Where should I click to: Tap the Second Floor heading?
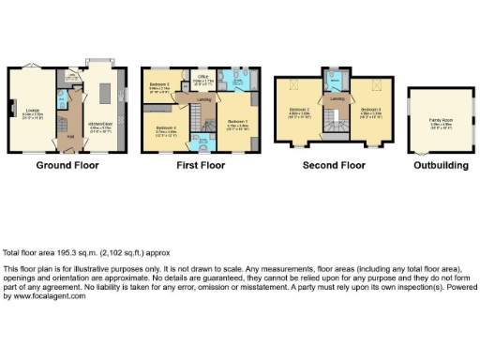click(x=334, y=166)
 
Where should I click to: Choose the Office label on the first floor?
click(x=202, y=80)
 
